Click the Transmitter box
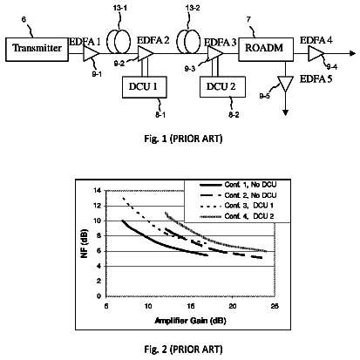[37, 49]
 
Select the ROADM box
[266, 49]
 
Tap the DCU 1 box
[145, 87]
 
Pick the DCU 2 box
[222, 87]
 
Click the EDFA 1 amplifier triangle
[91, 54]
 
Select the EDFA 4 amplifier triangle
[316, 54]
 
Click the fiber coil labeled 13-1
[119, 41]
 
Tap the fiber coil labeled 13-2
[188, 41]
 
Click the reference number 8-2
[234, 115]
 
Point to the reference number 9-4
[331, 67]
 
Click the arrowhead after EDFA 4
[353, 53]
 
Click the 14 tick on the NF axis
[98, 190]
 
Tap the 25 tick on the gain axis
[275, 306]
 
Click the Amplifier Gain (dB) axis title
[190, 321]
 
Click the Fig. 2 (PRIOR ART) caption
[183, 349]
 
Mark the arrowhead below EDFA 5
[286, 112]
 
